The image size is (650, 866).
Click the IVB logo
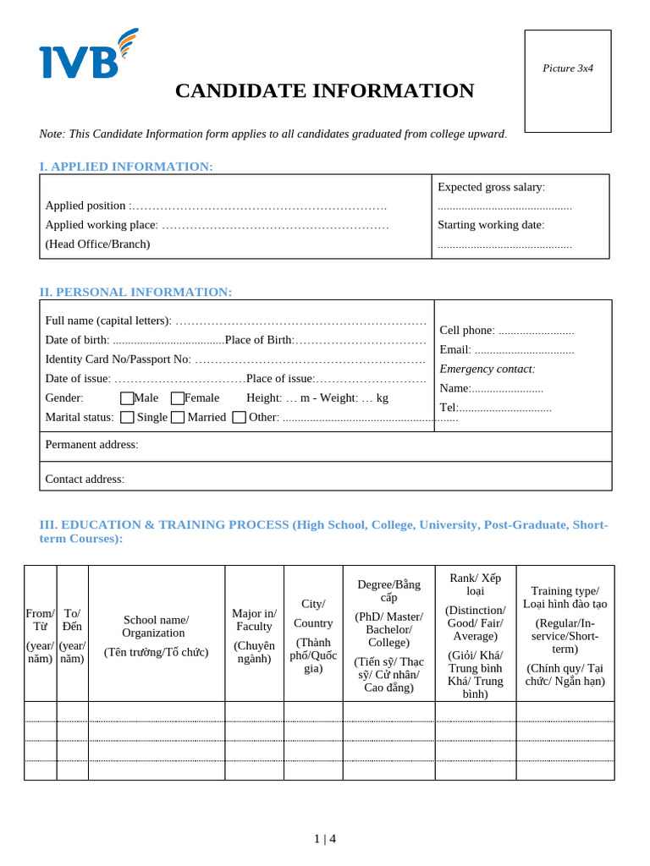point(87,55)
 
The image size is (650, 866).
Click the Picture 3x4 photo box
point(567,81)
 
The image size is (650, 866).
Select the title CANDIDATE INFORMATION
point(324,90)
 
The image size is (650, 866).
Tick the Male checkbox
point(127,398)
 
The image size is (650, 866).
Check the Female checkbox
point(178,398)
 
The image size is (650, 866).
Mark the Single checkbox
point(127,417)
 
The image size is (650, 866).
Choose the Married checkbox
point(178,417)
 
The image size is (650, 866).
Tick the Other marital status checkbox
point(239,417)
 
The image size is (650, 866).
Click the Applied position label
point(85,206)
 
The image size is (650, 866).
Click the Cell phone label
point(466,330)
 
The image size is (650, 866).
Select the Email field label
point(455,349)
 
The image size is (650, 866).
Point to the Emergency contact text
point(487,369)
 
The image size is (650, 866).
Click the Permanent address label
point(91,445)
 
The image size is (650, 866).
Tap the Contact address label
point(85,479)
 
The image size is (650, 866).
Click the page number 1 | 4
point(325,839)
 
